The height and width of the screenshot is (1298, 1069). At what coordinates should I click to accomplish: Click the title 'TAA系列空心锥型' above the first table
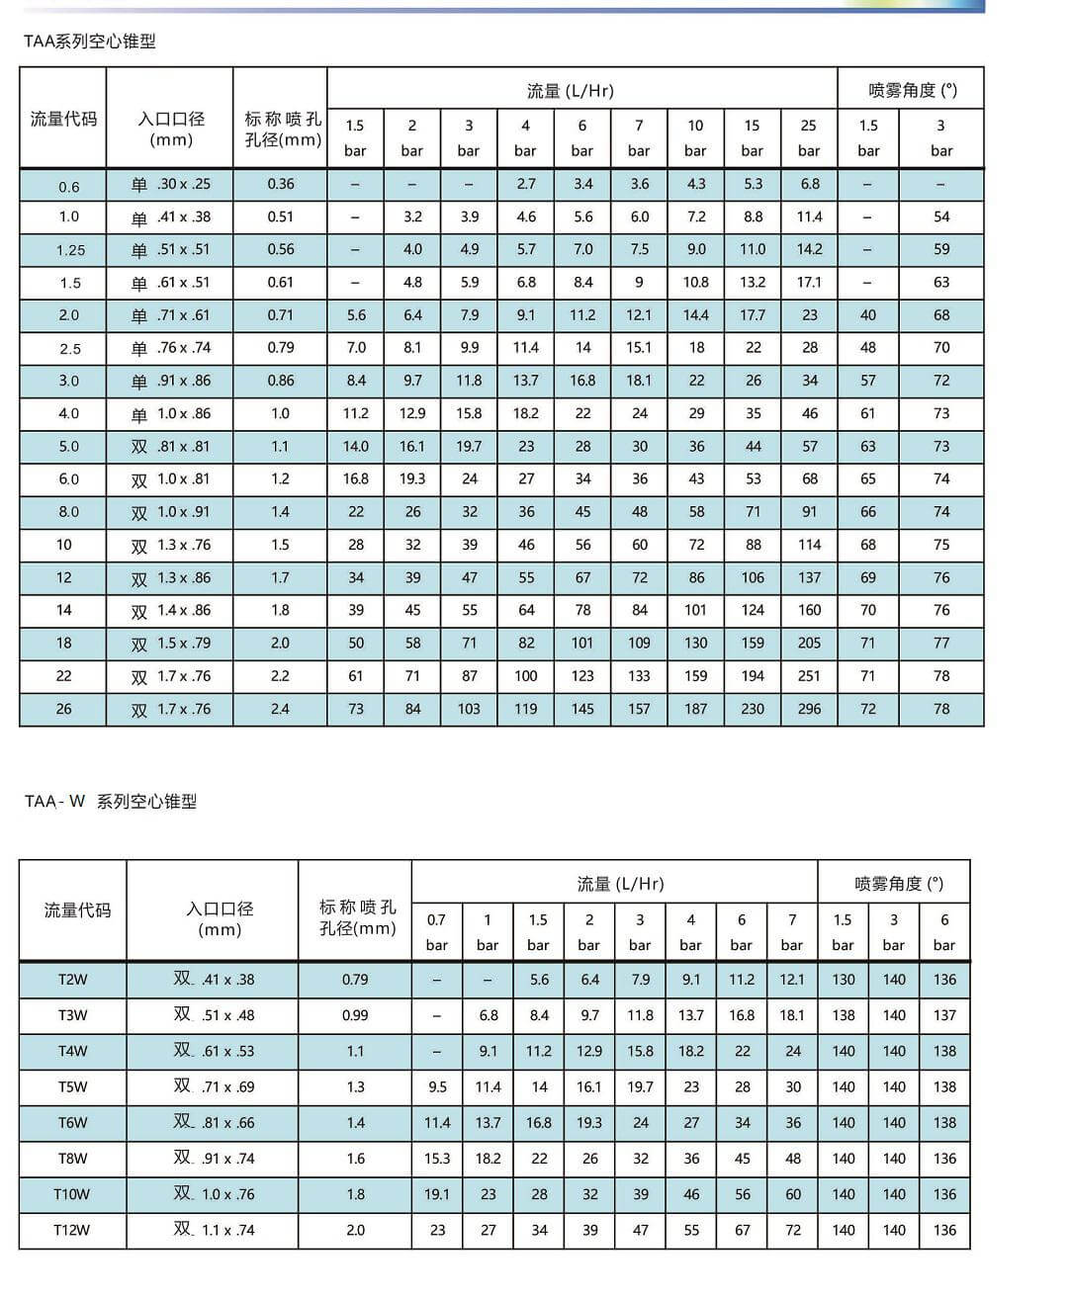[90, 42]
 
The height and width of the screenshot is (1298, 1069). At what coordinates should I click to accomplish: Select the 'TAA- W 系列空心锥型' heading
[111, 802]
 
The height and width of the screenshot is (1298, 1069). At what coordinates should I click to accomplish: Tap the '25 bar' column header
[809, 137]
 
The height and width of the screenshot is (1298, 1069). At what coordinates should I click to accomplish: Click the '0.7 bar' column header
[436, 931]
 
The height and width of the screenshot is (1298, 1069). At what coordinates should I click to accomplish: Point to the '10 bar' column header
[695, 137]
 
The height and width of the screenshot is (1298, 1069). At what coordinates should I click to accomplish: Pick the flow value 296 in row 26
[809, 709]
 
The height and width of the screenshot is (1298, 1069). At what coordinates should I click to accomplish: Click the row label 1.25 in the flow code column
[70, 250]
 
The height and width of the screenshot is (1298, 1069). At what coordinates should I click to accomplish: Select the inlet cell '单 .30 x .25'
[171, 184]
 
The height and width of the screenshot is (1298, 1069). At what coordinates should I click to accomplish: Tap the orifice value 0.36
[280, 184]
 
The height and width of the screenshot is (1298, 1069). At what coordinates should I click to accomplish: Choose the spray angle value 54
[941, 216]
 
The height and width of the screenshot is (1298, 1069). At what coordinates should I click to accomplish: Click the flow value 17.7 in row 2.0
[753, 315]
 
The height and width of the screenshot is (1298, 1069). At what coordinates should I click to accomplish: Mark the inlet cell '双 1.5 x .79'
[171, 644]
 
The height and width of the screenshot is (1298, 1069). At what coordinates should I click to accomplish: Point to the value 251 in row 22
[809, 676]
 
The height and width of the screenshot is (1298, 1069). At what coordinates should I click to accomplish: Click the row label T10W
[71, 1194]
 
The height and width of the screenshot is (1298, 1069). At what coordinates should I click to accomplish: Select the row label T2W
[72, 980]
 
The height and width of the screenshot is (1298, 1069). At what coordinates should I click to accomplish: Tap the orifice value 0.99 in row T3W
[355, 1015]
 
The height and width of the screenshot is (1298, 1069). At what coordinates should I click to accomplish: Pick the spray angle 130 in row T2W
[844, 980]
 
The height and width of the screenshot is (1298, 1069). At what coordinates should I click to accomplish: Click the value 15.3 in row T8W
[437, 1159]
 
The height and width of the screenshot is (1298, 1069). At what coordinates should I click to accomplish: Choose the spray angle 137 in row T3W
[944, 1015]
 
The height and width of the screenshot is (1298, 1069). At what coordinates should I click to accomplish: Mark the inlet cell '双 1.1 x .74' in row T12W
[214, 1230]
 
